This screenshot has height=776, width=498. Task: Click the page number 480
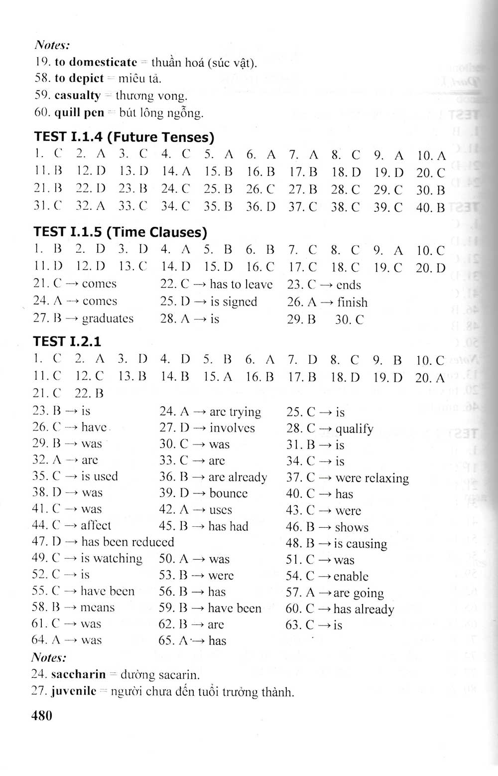(41, 715)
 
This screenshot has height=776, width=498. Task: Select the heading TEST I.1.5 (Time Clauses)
(120, 232)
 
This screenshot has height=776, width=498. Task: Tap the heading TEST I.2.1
(67, 341)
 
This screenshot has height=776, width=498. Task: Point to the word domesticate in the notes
(102, 62)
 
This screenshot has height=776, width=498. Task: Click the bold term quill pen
(79, 113)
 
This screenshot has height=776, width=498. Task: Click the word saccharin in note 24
(79, 675)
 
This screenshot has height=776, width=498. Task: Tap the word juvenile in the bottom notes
(74, 692)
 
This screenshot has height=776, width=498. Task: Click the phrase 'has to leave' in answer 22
(241, 284)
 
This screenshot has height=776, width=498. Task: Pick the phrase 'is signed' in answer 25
(233, 302)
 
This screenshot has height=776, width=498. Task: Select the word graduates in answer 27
(108, 318)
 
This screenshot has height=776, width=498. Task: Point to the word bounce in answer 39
(229, 493)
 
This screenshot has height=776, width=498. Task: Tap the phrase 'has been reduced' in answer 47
(127, 542)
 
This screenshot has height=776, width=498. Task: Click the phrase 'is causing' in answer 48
(360, 544)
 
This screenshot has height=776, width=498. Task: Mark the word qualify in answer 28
(354, 429)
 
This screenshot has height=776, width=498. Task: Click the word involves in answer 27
(232, 428)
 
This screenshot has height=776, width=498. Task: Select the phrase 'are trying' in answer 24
(235, 412)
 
